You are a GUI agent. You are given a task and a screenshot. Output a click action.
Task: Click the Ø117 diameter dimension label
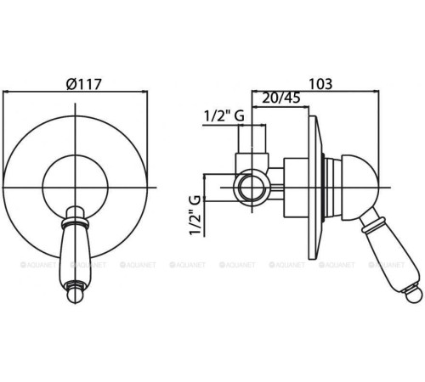[x=83, y=84]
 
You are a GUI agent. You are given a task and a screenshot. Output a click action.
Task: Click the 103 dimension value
[x=320, y=84]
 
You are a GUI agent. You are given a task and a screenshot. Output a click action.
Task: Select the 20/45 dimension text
[x=280, y=98]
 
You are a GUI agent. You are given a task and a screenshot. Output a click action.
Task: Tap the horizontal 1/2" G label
[x=224, y=115]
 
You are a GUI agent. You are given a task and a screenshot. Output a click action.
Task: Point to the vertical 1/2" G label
[x=195, y=215]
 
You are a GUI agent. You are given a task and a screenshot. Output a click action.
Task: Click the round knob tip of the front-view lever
[x=76, y=295]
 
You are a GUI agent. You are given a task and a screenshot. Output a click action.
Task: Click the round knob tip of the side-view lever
[x=414, y=295]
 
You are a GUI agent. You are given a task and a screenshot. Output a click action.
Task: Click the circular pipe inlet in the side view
[x=252, y=187]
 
